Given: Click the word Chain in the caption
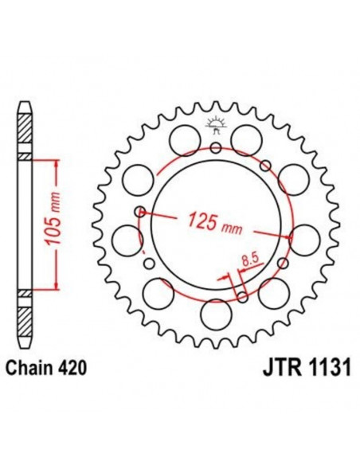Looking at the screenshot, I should [29, 369].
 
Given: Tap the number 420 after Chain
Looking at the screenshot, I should [69, 369].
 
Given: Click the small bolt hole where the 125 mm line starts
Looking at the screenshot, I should [141, 212].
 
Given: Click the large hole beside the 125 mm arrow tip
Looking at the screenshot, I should [303, 236].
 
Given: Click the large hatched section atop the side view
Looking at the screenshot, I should [26, 128].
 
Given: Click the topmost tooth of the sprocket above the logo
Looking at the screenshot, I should [215, 104].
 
